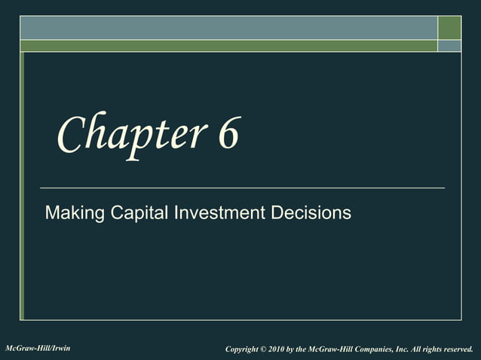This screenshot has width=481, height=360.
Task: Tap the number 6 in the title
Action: tap(228, 134)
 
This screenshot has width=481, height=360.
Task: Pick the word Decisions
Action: tap(311, 213)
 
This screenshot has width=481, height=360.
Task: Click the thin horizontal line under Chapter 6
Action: tap(241, 187)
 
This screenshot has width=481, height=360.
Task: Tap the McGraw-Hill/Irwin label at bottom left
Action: tap(38, 348)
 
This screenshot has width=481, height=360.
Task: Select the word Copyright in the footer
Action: tap(247, 349)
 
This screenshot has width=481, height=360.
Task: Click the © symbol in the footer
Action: tap(273, 349)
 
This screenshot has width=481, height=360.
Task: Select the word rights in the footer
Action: tap(434, 349)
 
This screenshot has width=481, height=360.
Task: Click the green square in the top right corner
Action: tap(449, 27)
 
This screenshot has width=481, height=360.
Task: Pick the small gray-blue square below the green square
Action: tap(449, 46)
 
